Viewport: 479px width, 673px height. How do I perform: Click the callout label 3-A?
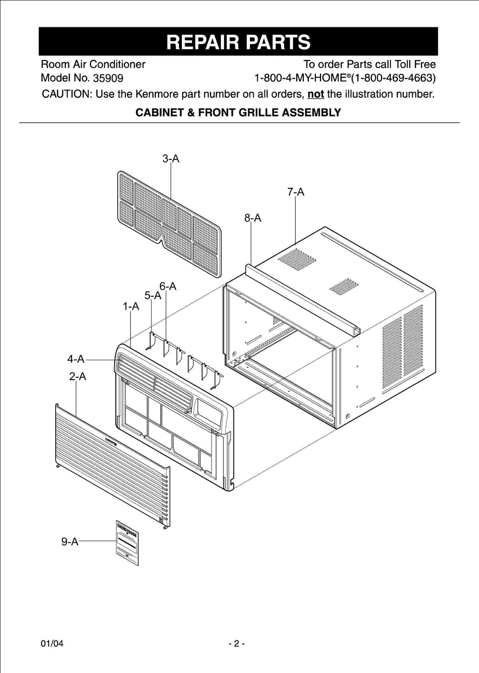click(171, 159)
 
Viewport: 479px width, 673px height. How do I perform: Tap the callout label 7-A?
click(296, 192)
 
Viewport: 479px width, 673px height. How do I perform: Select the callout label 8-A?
click(252, 218)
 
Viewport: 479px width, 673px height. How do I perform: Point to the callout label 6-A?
click(168, 287)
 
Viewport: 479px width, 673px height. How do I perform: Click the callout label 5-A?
click(153, 296)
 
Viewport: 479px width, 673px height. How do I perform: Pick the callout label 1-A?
click(131, 307)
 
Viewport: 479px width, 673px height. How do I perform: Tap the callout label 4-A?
click(76, 359)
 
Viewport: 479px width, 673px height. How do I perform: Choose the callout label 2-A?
click(77, 377)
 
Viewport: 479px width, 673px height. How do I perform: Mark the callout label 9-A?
click(70, 542)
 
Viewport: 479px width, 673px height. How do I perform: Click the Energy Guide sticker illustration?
click(127, 543)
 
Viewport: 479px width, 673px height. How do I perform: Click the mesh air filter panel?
click(169, 224)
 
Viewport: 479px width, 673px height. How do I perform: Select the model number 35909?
click(108, 78)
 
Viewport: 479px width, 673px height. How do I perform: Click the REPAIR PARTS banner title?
click(238, 42)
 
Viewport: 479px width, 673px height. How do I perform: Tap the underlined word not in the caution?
click(316, 94)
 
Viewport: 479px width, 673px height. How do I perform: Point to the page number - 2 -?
click(236, 644)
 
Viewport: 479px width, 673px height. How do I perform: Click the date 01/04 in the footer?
click(52, 644)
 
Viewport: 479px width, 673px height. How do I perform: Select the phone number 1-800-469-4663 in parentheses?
click(393, 78)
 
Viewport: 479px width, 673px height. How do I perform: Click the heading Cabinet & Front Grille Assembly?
click(238, 113)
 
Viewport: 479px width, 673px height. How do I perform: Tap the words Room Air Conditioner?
click(93, 64)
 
